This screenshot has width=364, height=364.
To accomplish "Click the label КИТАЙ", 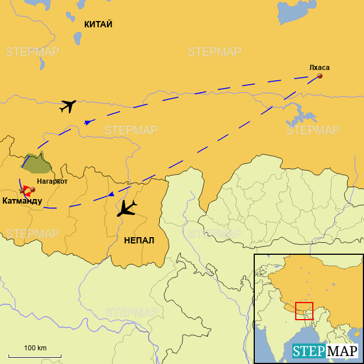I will click(98, 24).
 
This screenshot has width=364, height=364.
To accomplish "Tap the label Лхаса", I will click(319, 68).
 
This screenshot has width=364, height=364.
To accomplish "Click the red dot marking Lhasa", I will click(320, 76).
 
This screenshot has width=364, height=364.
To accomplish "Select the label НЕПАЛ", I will click(139, 240).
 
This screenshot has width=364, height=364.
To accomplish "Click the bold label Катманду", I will click(22, 201).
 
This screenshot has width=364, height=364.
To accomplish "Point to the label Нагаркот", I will click(52, 181).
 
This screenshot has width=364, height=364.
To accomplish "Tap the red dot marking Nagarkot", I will click(32, 189).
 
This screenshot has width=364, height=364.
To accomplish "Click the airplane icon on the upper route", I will click(68, 106).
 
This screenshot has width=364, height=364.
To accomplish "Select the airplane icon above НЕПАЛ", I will click(127, 208).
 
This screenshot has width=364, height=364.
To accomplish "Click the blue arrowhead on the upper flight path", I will click(88, 122).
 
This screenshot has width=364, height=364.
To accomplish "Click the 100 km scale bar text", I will click(35, 348).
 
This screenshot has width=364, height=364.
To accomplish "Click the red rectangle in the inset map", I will click(304, 311).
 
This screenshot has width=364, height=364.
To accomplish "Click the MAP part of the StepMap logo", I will click(343, 351).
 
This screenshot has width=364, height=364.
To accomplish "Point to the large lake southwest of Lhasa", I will click(299, 117).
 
